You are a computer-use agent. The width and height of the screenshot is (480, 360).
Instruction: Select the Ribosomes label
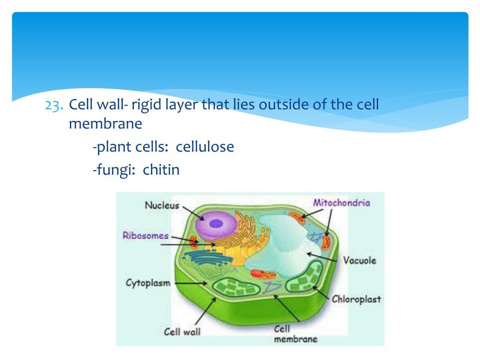tap(145, 235)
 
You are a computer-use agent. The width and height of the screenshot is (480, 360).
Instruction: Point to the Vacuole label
tap(360, 260)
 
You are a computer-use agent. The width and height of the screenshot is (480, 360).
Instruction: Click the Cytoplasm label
tap(148, 283)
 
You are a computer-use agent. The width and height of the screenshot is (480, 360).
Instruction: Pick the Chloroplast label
tap(356, 299)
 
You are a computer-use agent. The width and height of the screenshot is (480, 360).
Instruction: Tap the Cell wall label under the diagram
tap(182, 331)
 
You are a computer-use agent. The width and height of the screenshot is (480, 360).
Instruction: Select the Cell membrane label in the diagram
tap(289, 334)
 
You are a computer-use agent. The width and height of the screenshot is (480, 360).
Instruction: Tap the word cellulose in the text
tap(205, 147)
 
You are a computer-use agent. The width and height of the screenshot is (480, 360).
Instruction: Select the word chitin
tap(161, 169)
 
